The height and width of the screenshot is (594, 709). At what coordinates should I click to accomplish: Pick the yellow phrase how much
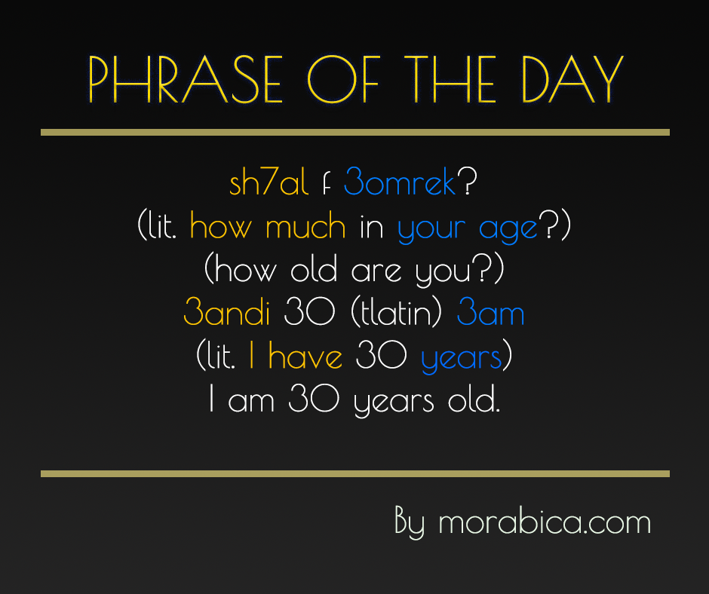(x=267, y=227)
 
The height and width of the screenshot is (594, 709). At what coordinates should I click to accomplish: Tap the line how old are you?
(x=354, y=270)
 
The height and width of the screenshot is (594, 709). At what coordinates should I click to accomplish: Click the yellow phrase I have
(x=295, y=357)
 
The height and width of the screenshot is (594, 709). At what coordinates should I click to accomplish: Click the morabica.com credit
(x=544, y=522)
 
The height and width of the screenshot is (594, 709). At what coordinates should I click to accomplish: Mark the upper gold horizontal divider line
(x=354, y=132)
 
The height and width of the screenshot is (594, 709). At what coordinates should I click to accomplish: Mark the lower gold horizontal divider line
(x=354, y=474)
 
